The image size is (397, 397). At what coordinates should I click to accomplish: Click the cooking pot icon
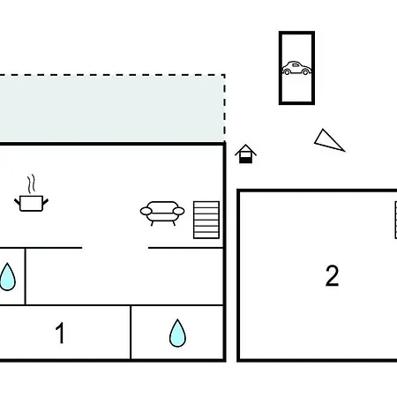(x=31, y=203)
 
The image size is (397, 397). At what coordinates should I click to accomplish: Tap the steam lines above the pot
(x=31, y=184)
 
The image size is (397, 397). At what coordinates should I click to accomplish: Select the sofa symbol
(x=162, y=213)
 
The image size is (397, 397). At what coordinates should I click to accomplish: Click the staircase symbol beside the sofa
(x=206, y=220)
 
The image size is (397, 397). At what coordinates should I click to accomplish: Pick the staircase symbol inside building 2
(x=396, y=220)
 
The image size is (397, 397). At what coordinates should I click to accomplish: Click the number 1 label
(x=60, y=333)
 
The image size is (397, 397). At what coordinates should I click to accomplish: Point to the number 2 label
(x=333, y=275)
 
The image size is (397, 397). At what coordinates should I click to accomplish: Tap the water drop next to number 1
(x=177, y=333)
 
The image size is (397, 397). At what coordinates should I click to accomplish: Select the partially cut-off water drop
(x=7, y=277)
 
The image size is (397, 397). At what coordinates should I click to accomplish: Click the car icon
(x=296, y=68)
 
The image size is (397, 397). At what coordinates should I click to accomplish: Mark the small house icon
(x=245, y=154)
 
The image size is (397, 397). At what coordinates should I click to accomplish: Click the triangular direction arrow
(x=329, y=140)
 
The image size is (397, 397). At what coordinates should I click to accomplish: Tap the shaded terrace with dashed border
(x=112, y=109)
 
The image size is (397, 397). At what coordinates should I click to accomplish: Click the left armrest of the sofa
(x=146, y=211)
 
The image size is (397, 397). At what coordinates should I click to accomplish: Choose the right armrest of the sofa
(x=179, y=211)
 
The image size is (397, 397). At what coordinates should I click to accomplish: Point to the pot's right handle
(x=46, y=202)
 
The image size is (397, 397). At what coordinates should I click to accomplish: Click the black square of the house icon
(x=245, y=160)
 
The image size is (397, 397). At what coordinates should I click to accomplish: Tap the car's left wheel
(x=287, y=71)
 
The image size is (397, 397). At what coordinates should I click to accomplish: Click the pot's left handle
(x=17, y=202)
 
